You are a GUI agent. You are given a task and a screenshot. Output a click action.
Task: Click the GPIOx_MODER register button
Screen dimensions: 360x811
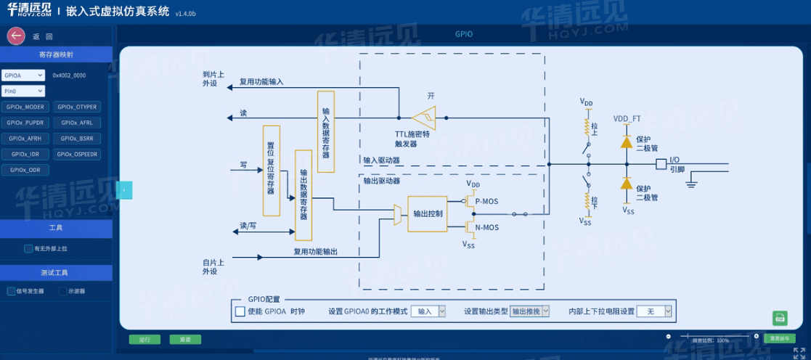coord(29,107)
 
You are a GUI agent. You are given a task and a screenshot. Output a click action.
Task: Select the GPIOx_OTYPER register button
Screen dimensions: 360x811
coord(77,107)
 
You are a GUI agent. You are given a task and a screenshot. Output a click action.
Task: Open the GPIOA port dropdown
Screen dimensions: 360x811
coord(24,75)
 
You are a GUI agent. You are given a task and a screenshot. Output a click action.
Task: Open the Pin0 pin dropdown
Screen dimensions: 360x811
coord(24,91)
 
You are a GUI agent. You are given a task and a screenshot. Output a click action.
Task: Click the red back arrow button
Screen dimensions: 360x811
coord(16,36)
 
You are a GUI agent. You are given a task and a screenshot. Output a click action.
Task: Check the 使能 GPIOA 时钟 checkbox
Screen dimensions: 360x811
coord(240,311)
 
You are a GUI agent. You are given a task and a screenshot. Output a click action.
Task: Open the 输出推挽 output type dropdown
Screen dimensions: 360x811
coord(530,311)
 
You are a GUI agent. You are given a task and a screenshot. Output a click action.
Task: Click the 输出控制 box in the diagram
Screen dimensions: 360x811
coord(427,213)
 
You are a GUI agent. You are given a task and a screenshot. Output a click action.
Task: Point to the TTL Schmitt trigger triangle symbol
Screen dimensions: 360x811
coord(423,117)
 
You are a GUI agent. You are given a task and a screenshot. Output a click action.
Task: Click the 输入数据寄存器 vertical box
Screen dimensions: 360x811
coord(325,131)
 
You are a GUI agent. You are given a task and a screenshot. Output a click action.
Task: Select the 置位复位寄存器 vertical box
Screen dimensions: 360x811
coord(271,170)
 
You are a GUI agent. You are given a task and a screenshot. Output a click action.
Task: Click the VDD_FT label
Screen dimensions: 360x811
coord(627,118)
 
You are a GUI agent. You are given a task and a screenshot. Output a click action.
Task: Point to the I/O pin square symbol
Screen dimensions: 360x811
coord(661,164)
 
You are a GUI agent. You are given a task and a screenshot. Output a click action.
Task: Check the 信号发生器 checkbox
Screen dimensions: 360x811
coord(12,291)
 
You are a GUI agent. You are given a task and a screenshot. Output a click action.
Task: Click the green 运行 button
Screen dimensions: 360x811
coord(144,339)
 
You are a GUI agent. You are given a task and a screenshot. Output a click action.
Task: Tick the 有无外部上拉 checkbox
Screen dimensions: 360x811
coord(28,248)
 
